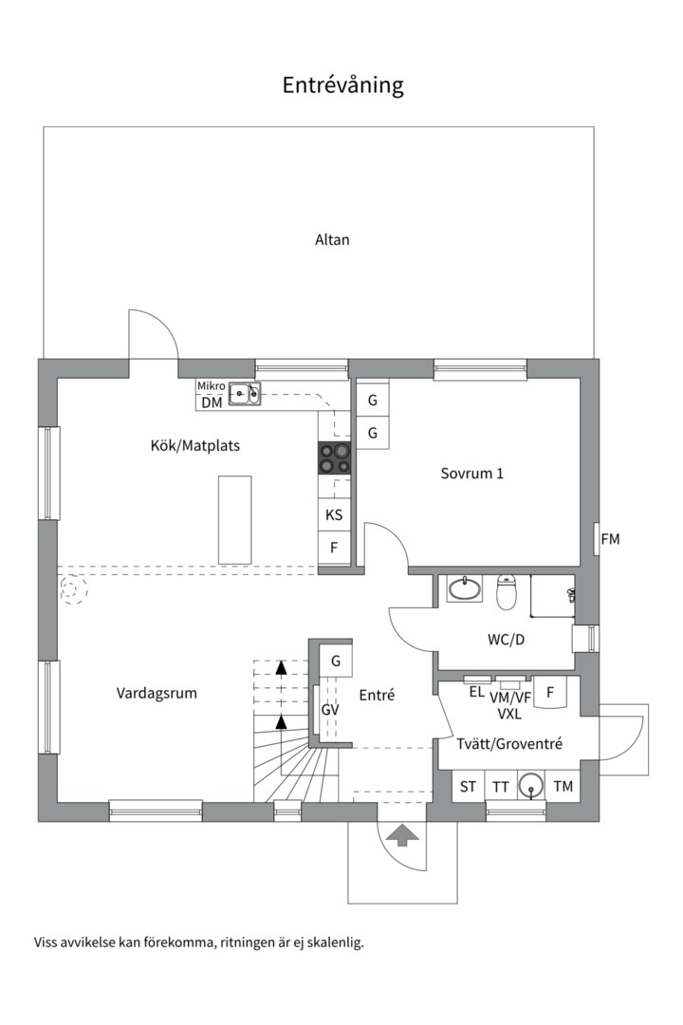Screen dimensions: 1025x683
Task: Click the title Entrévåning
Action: pos(342,85)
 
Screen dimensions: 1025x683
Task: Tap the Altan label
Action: pos(332,240)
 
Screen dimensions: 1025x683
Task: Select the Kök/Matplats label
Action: pos(189,445)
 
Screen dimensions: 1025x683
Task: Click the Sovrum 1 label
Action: pos(471,473)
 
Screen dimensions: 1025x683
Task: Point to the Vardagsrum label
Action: pos(157,693)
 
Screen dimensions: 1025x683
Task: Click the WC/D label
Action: pos(506,640)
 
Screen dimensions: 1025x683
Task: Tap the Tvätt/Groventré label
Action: pos(508,744)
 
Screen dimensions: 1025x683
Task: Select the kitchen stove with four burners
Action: pos(334,458)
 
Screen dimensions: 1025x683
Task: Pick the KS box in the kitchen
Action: pos(334,515)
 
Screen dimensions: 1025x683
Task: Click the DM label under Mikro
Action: pos(211,403)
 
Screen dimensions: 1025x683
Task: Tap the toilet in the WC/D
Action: pos(507,591)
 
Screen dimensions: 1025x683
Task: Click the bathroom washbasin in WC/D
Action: pos(465,589)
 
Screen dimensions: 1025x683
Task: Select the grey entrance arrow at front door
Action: pos(403,834)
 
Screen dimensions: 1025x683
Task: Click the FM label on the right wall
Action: pos(610,539)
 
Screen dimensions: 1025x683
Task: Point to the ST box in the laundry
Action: pos(468,786)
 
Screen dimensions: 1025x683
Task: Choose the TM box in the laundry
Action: pos(563,786)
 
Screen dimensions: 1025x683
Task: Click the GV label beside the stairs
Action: pos(330,710)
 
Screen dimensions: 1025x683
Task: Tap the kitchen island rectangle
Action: pos(234,520)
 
